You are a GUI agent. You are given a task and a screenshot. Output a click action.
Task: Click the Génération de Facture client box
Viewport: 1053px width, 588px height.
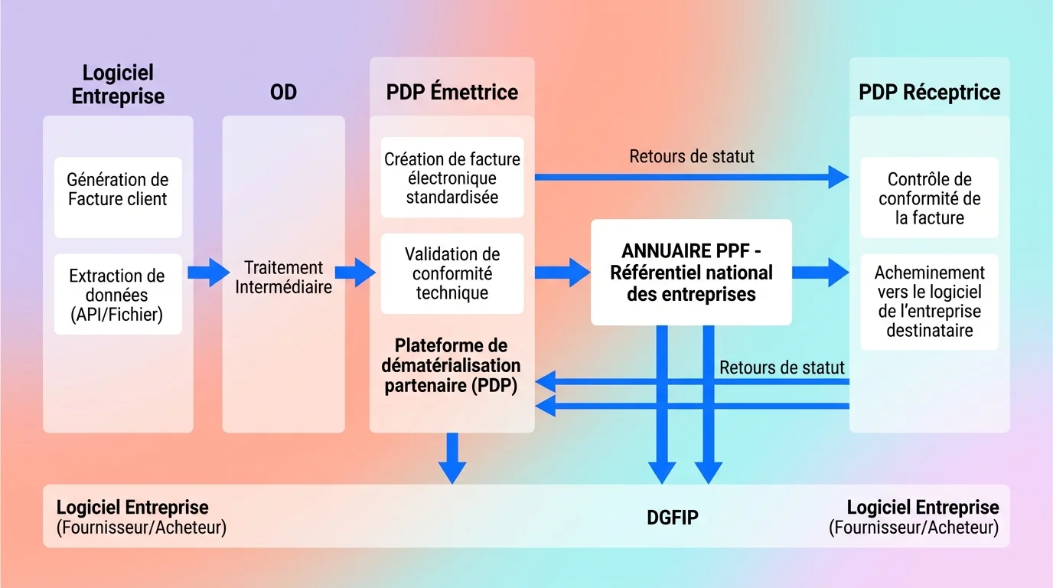tap(118, 190)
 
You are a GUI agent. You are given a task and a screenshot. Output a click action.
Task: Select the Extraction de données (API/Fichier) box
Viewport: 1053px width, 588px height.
tap(118, 295)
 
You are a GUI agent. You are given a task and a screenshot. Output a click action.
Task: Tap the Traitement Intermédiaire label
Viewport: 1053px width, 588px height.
tap(283, 277)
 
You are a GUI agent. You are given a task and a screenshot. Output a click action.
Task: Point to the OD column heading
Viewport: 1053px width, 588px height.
tap(283, 93)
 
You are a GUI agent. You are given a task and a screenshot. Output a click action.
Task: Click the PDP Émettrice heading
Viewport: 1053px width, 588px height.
tap(452, 93)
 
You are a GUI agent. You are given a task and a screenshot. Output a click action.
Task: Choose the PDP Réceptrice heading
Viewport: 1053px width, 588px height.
tap(929, 93)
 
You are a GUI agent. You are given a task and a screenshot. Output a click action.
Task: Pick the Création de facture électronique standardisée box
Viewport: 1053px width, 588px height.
tap(452, 178)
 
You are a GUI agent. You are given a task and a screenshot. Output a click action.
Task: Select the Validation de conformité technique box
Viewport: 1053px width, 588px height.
tap(452, 273)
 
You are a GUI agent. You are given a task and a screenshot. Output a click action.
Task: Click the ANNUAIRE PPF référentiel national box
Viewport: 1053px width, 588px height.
tap(691, 273)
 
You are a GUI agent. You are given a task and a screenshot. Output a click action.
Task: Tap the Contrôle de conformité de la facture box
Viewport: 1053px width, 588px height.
tap(929, 198)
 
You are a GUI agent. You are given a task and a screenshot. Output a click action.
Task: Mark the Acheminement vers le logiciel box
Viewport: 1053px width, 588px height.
tap(929, 301)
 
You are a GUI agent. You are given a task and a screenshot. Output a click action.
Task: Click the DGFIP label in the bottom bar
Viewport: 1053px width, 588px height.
tap(672, 518)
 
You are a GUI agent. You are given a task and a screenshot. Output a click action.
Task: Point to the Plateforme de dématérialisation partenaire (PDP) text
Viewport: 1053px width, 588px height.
tap(452, 366)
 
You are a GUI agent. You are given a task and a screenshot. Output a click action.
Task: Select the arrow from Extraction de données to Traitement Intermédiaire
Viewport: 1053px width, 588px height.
tap(208, 273)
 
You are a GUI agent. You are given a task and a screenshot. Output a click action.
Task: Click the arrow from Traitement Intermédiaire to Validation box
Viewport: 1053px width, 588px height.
tap(355, 273)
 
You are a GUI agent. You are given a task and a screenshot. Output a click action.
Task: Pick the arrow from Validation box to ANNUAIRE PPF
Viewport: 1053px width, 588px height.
tap(562, 273)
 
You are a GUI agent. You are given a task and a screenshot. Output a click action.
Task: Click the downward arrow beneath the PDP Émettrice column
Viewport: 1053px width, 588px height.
tap(452, 458)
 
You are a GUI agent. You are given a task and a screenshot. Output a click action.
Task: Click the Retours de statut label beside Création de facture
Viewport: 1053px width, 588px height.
tap(692, 157)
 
